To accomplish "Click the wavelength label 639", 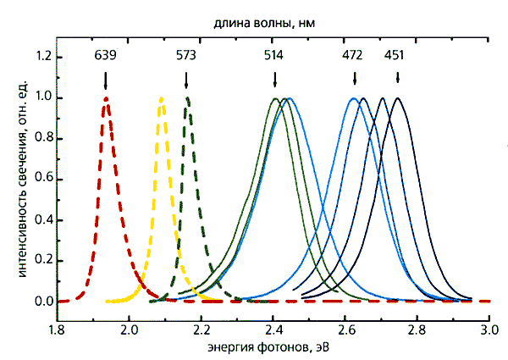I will (x=106, y=57).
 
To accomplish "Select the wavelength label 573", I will (x=186, y=57).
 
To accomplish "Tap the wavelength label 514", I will (x=274, y=57).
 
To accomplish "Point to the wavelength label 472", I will (x=353, y=57).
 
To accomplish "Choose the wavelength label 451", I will (x=395, y=57).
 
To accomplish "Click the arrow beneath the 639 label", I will (x=106, y=80).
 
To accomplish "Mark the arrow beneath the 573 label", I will (x=186, y=80).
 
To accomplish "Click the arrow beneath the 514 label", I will (x=274, y=80).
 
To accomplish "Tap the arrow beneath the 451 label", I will (x=397, y=80).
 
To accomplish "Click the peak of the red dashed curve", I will (x=106, y=98).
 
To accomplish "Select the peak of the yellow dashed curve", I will (x=161, y=98).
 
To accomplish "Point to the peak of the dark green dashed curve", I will (x=187, y=98).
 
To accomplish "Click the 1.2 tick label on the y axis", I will (x=39, y=57).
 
